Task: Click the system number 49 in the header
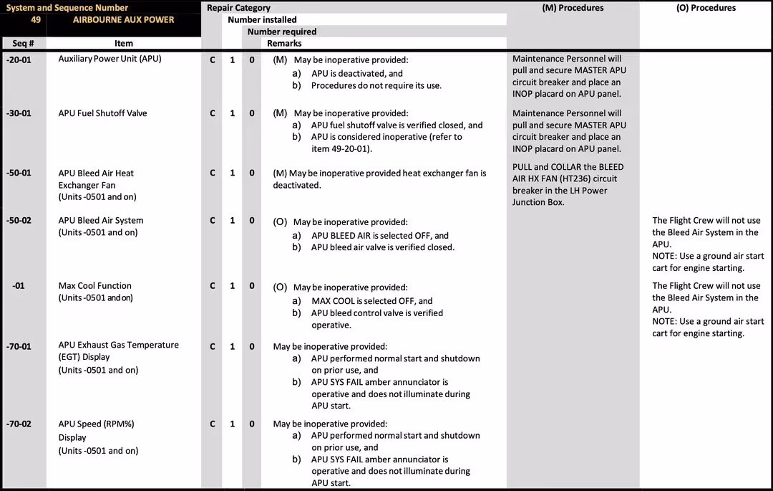pos(36,20)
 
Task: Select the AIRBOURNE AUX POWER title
pos(123,20)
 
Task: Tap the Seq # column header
pos(24,44)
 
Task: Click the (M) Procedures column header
pos(573,8)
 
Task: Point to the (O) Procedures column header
pos(706,8)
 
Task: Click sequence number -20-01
pos(19,59)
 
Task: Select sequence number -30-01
pos(19,113)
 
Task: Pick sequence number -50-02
pos(19,221)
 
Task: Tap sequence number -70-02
pos(19,424)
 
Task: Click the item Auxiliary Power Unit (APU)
pos(110,59)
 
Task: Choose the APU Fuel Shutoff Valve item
pos(102,113)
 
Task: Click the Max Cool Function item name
pos(94,286)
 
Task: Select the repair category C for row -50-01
pos(213,173)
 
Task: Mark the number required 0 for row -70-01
pos(252,346)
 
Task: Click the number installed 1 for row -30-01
pos(233,113)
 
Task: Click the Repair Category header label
pos(239,8)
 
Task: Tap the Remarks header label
pos(284,44)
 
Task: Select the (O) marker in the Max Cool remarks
pos(280,287)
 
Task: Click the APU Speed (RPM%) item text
pos(96,424)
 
